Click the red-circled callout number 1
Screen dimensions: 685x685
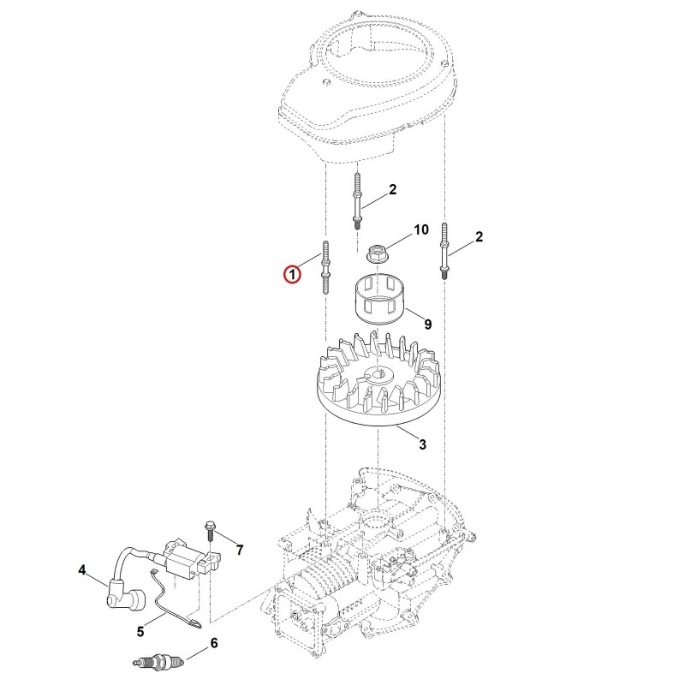pyautogui.click(x=292, y=275)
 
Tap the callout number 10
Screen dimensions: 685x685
pyautogui.click(x=421, y=229)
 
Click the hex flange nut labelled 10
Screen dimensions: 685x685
pyautogui.click(x=376, y=253)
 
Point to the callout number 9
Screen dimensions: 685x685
pyautogui.click(x=427, y=325)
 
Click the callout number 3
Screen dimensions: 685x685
pyautogui.click(x=422, y=444)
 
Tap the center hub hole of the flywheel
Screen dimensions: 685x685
pyautogui.click(x=377, y=373)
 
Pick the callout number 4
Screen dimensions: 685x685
pyautogui.click(x=82, y=570)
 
